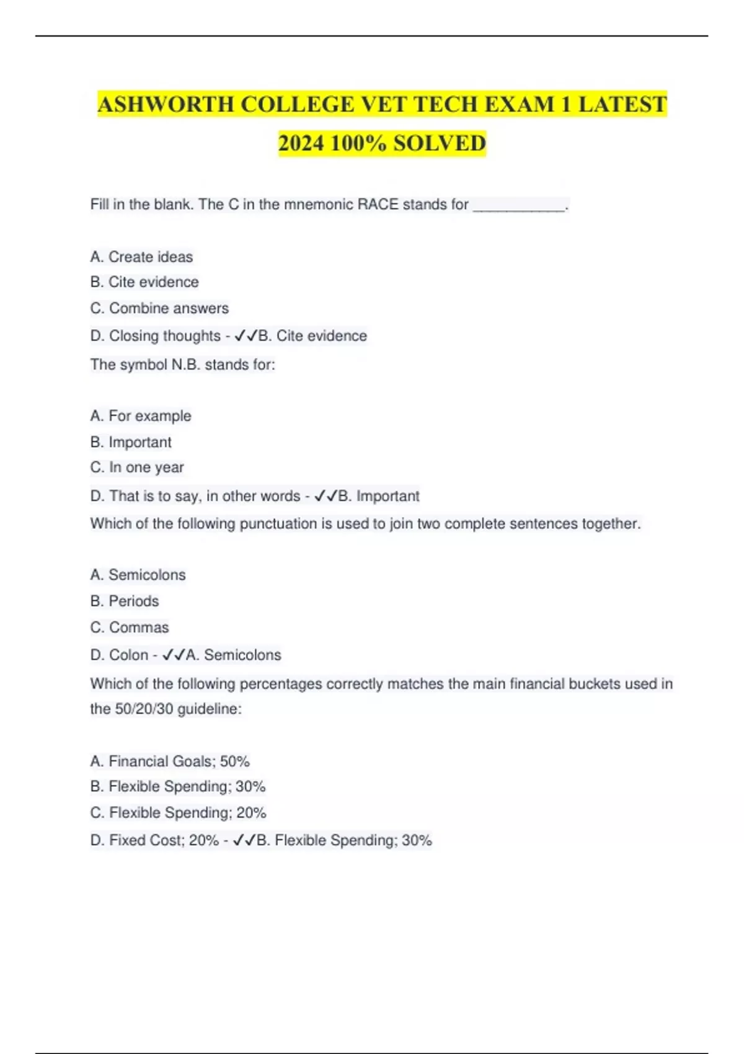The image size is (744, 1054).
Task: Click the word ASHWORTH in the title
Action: click(166, 104)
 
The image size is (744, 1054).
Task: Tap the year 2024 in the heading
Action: click(301, 143)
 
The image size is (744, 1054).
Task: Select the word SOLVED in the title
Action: click(440, 143)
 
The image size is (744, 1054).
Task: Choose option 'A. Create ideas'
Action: click(141, 257)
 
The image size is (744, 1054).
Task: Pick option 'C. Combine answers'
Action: click(159, 308)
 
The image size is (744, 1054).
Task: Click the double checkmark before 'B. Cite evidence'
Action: click(246, 336)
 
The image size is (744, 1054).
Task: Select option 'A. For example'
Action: click(141, 415)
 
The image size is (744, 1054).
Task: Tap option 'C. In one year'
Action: click(137, 467)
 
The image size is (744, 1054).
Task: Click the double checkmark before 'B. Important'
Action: click(326, 496)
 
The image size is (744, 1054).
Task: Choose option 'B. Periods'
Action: click(125, 601)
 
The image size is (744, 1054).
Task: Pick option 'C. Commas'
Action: click(130, 627)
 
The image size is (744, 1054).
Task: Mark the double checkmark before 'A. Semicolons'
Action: click(174, 655)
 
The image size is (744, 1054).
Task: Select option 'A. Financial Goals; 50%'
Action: click(170, 761)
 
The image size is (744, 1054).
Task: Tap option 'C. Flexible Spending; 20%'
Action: click(178, 813)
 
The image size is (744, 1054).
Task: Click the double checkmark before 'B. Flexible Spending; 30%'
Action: click(244, 841)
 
